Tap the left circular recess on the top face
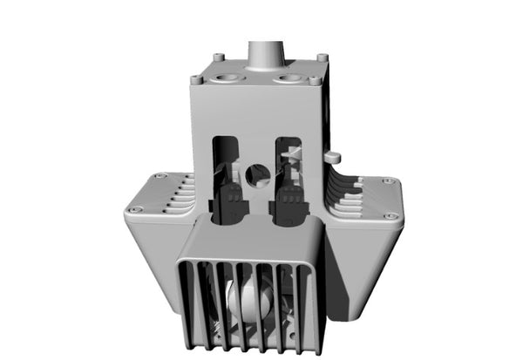(x=228, y=78)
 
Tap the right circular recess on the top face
(x=288, y=78)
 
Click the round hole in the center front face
(x=257, y=175)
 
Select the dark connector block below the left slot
(x=231, y=202)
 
